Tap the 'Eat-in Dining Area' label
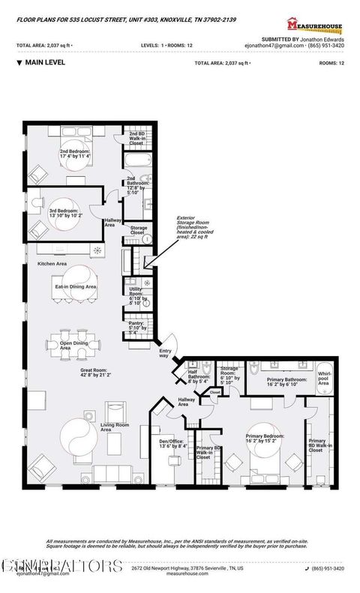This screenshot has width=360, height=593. coord(74,286)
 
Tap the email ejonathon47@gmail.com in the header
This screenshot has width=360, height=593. coord(282,45)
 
